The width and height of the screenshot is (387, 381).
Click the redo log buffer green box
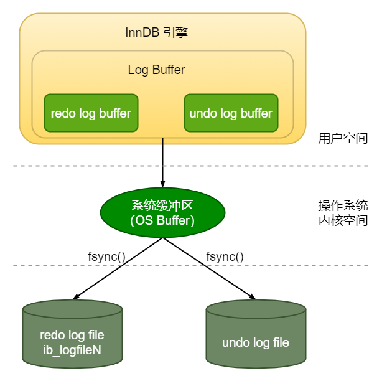tap(91, 113)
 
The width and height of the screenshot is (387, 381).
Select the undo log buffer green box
tap(231, 113)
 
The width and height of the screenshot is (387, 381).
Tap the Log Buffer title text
tap(156, 70)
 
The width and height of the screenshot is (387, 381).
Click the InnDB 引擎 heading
tap(156, 32)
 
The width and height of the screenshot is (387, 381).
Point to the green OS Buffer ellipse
tap(162, 212)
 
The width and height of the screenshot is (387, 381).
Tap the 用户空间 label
tap(343, 138)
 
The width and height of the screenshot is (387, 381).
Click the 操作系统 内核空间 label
tap(343, 213)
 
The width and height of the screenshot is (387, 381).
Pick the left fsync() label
tap(107, 256)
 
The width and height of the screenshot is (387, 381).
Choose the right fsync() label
tap(225, 256)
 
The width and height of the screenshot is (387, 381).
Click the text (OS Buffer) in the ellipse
tap(162, 220)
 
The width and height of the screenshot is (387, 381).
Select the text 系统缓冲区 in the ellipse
tap(162, 206)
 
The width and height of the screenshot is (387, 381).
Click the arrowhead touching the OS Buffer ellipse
tap(162, 183)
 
